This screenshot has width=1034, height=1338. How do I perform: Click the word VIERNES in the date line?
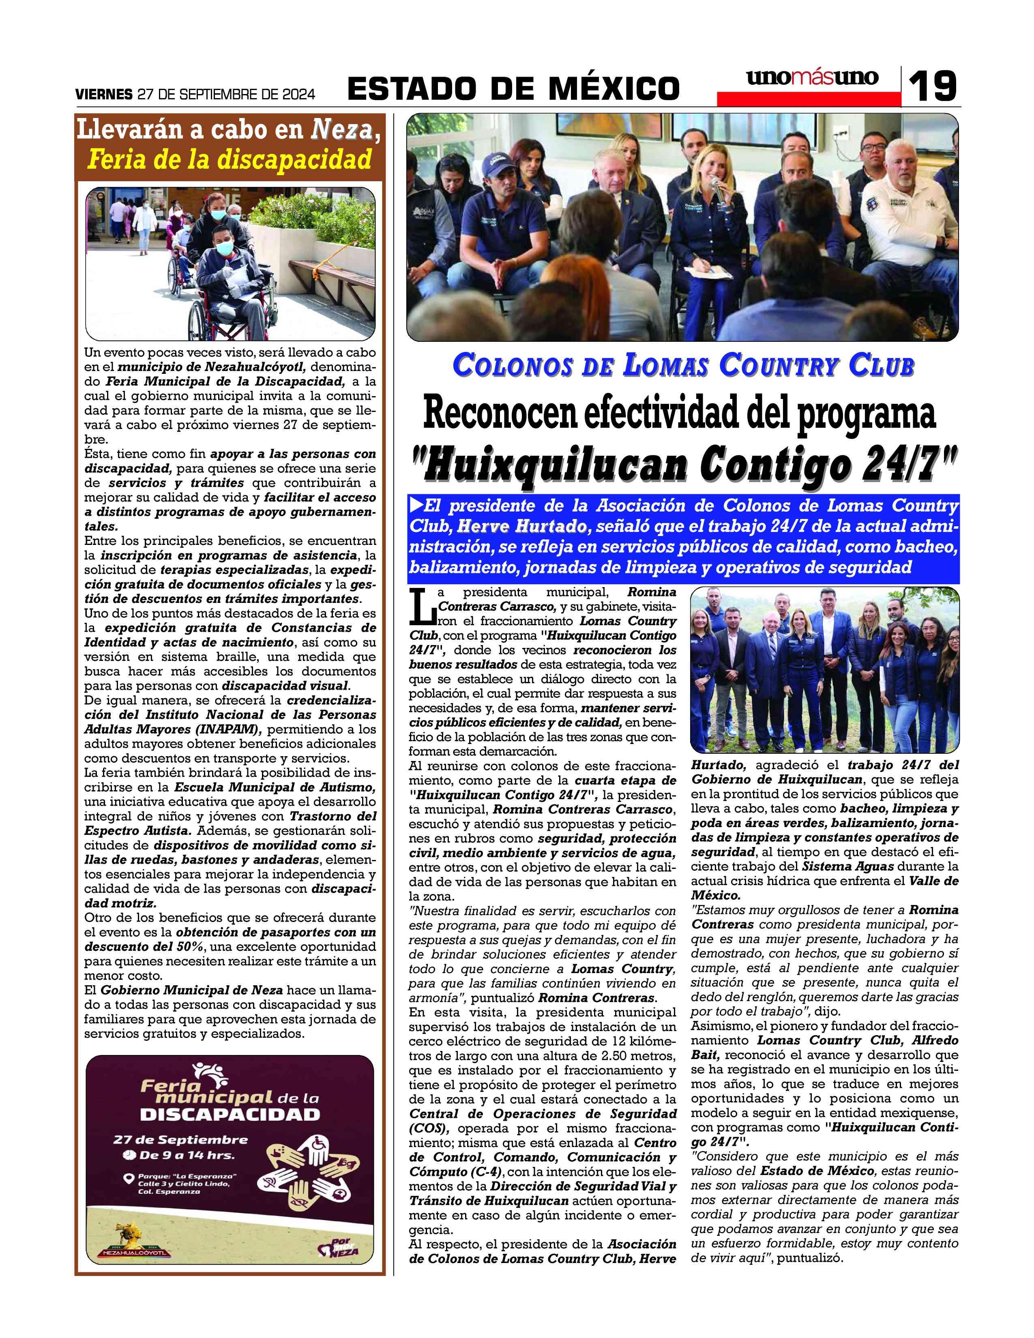point(103,94)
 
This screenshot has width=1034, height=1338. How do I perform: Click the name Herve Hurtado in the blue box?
point(521,526)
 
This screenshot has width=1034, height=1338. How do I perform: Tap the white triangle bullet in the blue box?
point(416,506)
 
